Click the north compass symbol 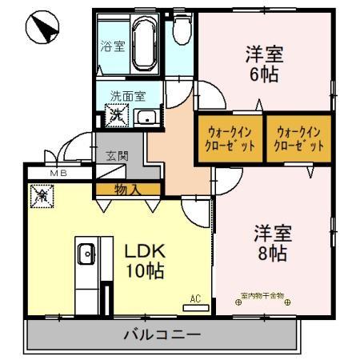click(40, 30)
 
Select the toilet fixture click(180, 33)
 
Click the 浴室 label click(112, 46)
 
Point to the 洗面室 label click(127, 95)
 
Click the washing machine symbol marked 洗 click(117, 115)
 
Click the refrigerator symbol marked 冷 click(40, 194)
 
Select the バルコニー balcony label click(162, 334)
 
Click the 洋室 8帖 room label click(272, 244)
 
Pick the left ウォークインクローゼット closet click(226, 140)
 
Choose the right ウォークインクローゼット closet click(300, 140)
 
